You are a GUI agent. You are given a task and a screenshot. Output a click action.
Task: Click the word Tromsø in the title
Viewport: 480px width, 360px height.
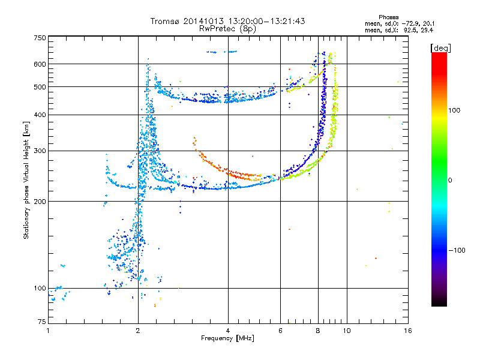click(x=166, y=21)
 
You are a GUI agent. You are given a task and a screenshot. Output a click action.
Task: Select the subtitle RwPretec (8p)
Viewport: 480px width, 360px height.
click(x=227, y=29)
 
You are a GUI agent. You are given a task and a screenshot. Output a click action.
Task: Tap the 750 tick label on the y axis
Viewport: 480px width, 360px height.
click(x=40, y=38)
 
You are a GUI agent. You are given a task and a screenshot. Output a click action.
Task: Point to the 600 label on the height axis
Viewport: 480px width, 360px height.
click(x=40, y=64)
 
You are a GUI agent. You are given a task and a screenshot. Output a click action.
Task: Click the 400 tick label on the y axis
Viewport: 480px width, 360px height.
click(x=40, y=115)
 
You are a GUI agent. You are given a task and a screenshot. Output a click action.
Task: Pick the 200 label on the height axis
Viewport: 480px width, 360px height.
click(x=40, y=202)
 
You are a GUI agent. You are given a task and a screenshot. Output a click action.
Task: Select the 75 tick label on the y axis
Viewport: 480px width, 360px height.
click(x=42, y=322)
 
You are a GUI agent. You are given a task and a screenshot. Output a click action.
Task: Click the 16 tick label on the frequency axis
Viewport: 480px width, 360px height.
click(x=408, y=331)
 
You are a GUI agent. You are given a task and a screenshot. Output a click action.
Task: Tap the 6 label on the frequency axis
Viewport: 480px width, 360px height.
click(x=280, y=331)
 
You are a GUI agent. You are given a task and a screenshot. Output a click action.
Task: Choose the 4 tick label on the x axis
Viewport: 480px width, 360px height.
click(x=228, y=331)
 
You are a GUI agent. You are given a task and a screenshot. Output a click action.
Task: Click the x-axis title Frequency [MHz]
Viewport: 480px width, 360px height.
click(x=227, y=338)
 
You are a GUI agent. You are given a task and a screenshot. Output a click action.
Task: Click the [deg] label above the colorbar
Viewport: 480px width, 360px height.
click(x=440, y=48)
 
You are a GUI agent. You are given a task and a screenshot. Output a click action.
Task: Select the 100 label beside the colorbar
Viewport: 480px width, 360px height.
click(x=454, y=110)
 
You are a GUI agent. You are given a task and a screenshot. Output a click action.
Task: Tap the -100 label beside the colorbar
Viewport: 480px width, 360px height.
click(x=457, y=250)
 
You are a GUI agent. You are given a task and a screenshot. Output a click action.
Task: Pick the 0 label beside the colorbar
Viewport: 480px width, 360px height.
click(x=450, y=180)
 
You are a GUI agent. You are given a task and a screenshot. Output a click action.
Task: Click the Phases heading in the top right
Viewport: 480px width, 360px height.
click(x=388, y=17)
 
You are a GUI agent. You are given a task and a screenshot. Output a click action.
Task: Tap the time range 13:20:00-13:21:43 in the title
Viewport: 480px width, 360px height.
click(x=267, y=21)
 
